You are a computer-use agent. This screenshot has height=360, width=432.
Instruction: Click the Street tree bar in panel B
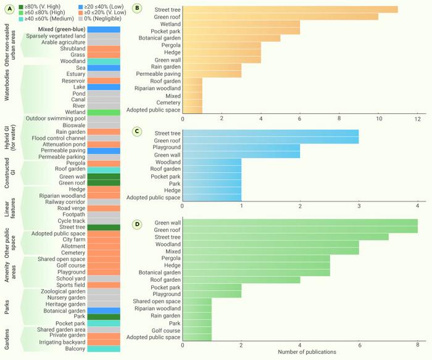(290, 10)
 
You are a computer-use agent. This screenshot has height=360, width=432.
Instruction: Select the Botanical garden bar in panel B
(231, 38)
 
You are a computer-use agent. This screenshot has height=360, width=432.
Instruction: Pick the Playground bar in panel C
(241, 147)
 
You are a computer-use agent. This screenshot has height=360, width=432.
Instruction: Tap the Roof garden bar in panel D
(241, 279)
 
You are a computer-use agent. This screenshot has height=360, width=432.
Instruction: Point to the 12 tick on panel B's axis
(417, 118)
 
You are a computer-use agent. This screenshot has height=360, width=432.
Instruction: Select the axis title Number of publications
(300, 353)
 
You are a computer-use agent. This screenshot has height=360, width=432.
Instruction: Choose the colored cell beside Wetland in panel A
(104, 113)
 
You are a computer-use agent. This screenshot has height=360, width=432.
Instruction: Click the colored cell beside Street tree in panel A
(104, 227)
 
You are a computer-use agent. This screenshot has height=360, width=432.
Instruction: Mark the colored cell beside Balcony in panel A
(104, 349)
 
